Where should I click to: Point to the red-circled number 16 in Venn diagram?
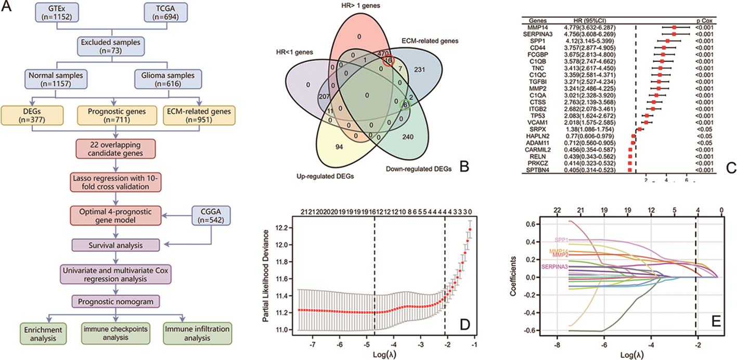(387, 60)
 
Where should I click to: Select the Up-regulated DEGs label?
(329, 176)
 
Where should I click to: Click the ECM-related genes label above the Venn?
(429, 40)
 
